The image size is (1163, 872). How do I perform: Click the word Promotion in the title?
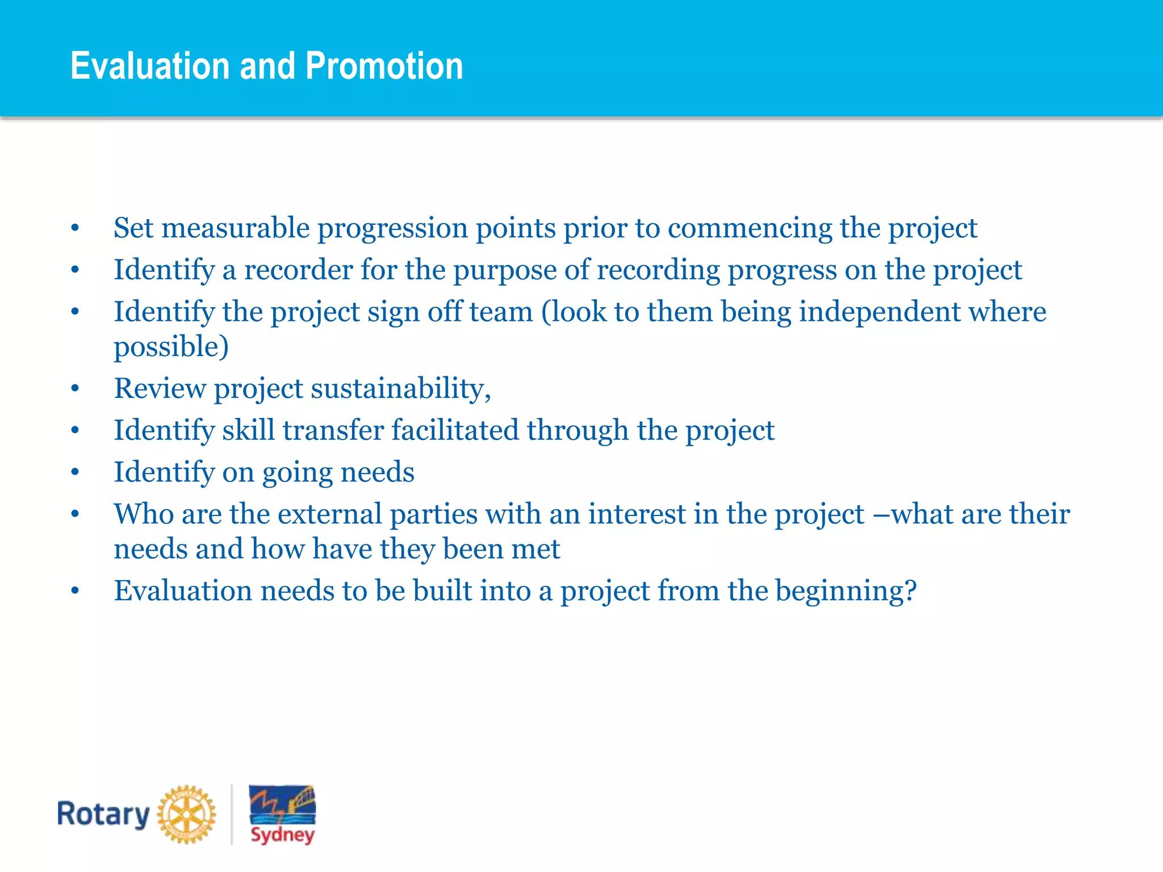pyautogui.click(x=384, y=66)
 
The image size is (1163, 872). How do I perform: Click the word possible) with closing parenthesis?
pyautogui.click(x=171, y=347)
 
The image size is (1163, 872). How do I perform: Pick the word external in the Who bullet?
pyautogui.click(x=329, y=514)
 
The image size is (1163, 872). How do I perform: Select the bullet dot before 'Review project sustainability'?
pyautogui.click(x=75, y=389)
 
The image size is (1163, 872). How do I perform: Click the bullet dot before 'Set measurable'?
pyautogui.click(x=75, y=228)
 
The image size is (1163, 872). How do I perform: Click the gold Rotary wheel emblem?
pyautogui.click(x=186, y=814)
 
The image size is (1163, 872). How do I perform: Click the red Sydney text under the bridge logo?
pyautogui.click(x=282, y=835)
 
